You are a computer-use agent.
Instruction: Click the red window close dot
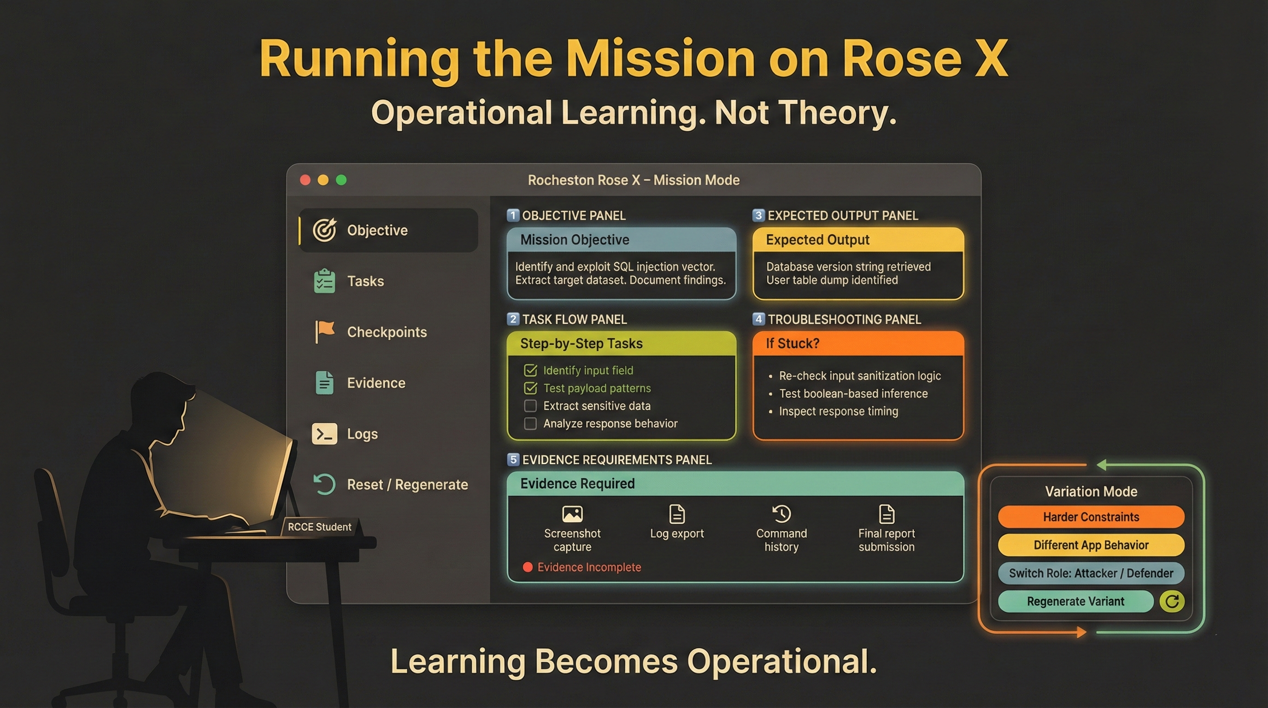[x=305, y=180]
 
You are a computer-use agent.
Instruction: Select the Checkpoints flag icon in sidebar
[x=324, y=331]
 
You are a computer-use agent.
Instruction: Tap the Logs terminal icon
[x=324, y=434]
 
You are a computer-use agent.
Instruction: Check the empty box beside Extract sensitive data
[x=530, y=406]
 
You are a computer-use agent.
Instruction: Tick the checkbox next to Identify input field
[x=530, y=370]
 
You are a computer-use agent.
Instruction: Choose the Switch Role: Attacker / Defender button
[x=1091, y=573]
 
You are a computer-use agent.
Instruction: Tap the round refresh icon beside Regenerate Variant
[x=1172, y=601]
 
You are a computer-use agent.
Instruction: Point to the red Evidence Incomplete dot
[x=528, y=567]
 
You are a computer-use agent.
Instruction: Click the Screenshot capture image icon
[x=572, y=514]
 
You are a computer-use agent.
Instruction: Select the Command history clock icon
[x=781, y=514]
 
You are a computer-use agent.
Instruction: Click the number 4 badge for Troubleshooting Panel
[x=758, y=319]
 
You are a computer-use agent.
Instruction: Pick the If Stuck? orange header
[x=858, y=343]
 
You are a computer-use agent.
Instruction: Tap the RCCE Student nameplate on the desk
[x=320, y=527]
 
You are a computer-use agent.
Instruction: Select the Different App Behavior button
[x=1091, y=545]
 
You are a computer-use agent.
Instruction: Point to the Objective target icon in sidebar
[x=324, y=230]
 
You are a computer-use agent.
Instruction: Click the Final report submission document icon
[x=886, y=514]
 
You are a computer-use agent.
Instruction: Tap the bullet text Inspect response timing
[x=838, y=411]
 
